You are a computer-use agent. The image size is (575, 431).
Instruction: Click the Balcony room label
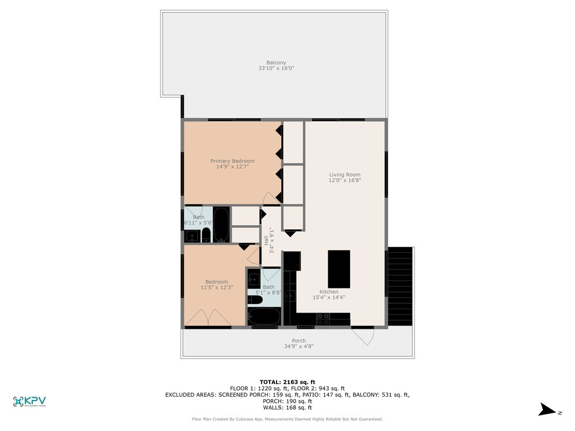pyautogui.click(x=276, y=63)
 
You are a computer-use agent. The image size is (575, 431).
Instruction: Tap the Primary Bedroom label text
pyautogui.click(x=232, y=161)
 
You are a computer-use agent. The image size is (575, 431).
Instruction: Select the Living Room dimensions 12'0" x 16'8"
pyautogui.click(x=344, y=180)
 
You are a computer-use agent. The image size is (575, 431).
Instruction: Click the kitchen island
pyautogui.click(x=339, y=269)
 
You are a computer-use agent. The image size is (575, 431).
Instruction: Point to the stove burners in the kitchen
pyautogui.click(x=324, y=316)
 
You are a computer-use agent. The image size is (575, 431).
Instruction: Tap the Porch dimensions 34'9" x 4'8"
pyautogui.click(x=298, y=347)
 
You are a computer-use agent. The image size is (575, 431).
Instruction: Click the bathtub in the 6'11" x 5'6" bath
pyautogui.click(x=221, y=225)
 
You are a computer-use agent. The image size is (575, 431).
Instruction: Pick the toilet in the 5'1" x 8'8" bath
pyautogui.click(x=255, y=300)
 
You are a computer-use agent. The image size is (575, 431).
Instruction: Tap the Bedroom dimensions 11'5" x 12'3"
pyautogui.click(x=216, y=287)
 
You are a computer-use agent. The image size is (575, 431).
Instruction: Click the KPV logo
pyautogui.click(x=29, y=402)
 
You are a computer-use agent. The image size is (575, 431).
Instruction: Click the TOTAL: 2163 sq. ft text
pyautogui.click(x=287, y=382)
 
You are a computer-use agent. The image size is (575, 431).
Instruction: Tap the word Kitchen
pyautogui.click(x=329, y=292)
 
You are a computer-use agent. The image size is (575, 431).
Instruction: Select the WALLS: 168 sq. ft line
pyautogui.click(x=287, y=407)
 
